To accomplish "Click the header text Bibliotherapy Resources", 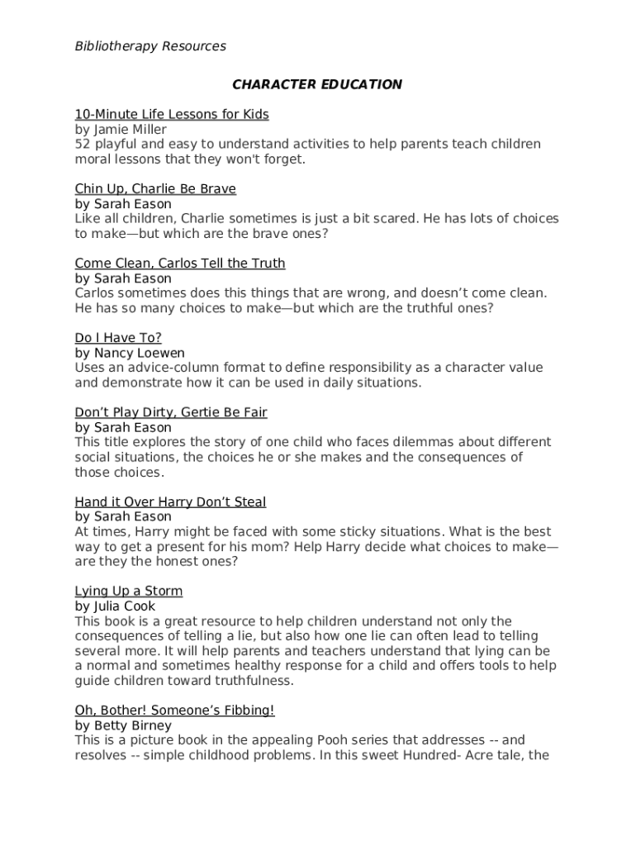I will coord(150,46).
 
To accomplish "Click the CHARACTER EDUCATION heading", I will coord(317,84).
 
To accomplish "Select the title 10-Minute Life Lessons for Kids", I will coord(172,114).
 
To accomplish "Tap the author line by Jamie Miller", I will coord(121,130).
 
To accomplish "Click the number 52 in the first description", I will coord(83,145).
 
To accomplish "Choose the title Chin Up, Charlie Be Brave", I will coord(155,189).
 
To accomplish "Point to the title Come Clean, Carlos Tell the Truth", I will coord(180,264).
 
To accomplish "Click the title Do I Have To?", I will coord(118,338).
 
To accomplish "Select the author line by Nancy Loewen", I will coord(130,354).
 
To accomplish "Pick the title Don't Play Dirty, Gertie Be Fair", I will coord(171,412).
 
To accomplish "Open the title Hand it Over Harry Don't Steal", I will coord(170,502).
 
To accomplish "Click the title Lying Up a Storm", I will coord(129,592).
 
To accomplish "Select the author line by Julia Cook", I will coord(115,606).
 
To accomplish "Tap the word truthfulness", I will coord(251,682).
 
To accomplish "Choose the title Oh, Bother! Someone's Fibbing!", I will coord(174,711).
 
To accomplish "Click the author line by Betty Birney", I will coord(123,726).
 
